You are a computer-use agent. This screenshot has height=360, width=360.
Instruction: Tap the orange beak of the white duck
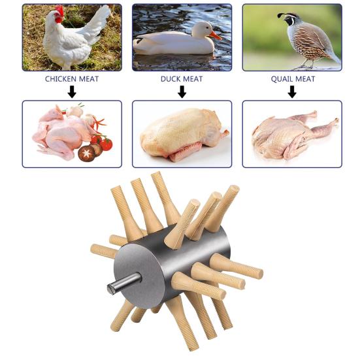(215, 35)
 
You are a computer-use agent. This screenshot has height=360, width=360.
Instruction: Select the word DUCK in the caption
(171, 79)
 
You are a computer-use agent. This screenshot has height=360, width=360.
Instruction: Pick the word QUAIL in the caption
(282, 79)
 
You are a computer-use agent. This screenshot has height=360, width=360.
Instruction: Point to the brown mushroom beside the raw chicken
(86, 154)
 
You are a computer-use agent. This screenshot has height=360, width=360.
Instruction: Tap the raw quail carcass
(291, 134)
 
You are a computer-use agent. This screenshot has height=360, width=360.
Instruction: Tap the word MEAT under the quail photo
(304, 79)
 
